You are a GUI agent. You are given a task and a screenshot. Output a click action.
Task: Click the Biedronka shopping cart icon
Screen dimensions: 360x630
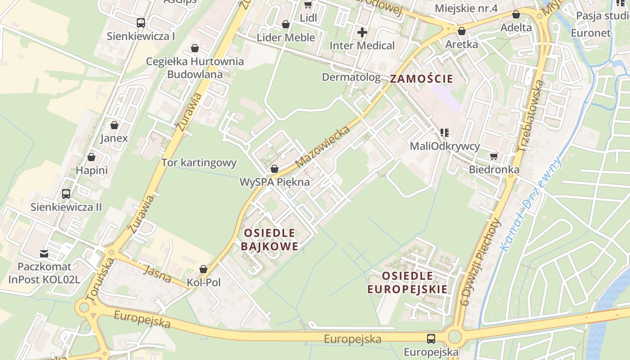[x=494, y=156]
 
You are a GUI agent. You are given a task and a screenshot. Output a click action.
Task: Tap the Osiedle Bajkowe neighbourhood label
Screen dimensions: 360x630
[x=270, y=239]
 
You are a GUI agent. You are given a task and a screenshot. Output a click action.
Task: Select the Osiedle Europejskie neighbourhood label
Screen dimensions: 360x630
[x=408, y=282]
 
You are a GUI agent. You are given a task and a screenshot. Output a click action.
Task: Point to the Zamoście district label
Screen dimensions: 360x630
[x=421, y=79]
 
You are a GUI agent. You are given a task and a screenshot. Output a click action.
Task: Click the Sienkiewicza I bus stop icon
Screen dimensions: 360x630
[x=141, y=22]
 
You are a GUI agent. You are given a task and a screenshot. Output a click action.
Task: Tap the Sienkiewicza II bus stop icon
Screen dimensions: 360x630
[x=66, y=194]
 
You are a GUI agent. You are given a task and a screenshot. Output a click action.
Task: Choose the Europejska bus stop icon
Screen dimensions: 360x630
[x=431, y=338]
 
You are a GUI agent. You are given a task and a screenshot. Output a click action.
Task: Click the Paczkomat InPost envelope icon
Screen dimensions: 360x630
[x=44, y=253]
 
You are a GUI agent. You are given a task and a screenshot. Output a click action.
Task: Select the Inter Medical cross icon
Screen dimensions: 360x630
[x=362, y=32]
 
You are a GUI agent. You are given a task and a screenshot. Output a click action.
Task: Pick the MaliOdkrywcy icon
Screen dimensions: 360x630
[x=445, y=132]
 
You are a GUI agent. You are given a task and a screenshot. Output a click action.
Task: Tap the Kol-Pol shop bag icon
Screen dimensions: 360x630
[x=203, y=269]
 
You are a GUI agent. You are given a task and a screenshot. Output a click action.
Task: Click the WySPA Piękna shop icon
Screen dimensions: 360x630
[x=274, y=169]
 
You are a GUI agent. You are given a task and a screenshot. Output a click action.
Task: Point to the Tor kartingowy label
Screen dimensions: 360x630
[x=199, y=162]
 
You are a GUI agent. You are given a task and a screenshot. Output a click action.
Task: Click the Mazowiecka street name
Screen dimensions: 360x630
[x=323, y=147]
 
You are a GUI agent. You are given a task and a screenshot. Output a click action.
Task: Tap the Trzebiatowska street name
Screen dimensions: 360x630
[x=531, y=116]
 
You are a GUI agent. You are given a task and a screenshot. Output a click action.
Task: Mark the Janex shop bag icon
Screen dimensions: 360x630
[x=114, y=125]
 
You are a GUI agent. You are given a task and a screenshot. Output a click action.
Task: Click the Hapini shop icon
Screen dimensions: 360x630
[x=91, y=157]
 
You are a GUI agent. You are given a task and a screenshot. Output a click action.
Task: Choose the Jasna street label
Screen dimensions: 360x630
[x=157, y=274]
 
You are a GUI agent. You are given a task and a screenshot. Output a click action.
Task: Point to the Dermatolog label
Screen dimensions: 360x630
[x=351, y=77]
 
